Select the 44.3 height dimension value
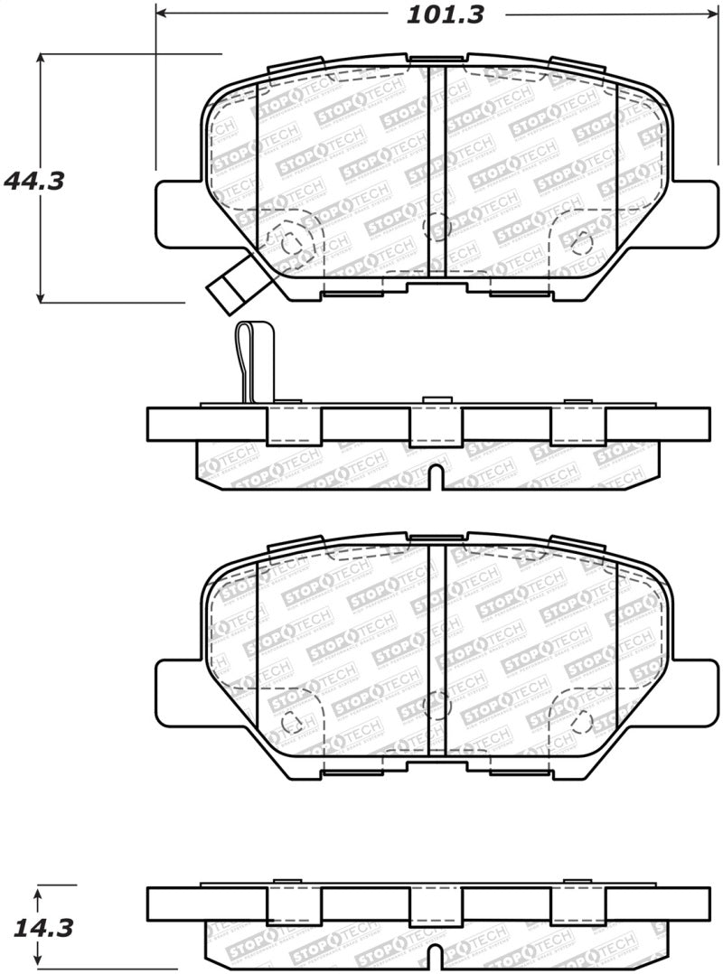click(34, 180)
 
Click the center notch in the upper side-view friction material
click(436, 476)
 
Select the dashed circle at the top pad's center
click(437, 223)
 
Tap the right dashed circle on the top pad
click(582, 241)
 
